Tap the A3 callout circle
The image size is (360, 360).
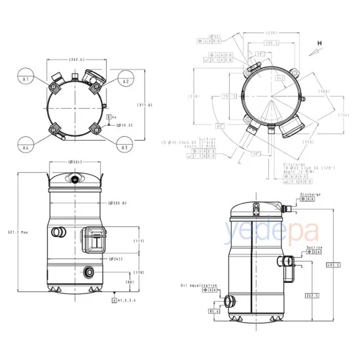tap(124, 147)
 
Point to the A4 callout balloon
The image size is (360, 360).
tap(26, 147)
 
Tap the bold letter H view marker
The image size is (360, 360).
tap(321, 43)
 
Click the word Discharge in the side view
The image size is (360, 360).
tap(310, 194)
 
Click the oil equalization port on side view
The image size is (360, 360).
tap(229, 300)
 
